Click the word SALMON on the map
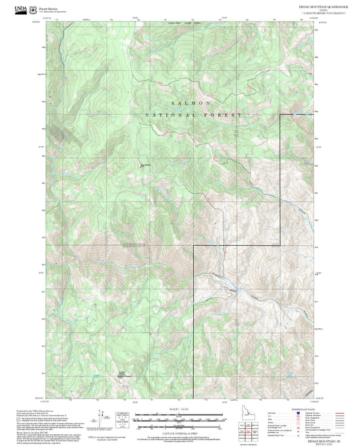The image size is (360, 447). tap(191, 102)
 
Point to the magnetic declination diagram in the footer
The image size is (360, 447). tap(123, 419)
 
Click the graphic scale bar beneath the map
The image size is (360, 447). tap(180, 419)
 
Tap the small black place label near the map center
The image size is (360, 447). tap(145, 163)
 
